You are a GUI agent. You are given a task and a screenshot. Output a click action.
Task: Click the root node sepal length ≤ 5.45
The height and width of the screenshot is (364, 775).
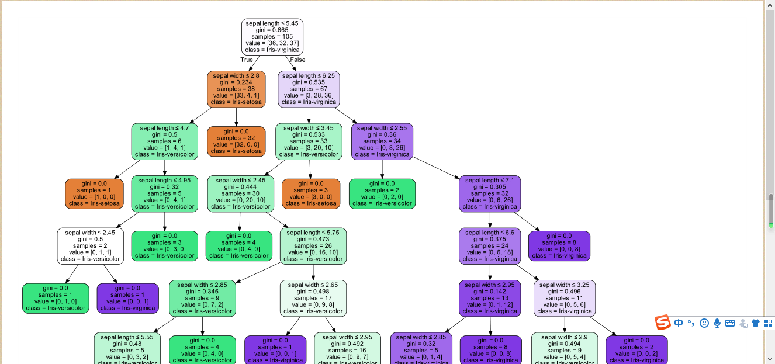(x=272, y=37)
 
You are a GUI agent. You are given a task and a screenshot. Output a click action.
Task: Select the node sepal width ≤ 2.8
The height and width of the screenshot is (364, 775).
(x=236, y=89)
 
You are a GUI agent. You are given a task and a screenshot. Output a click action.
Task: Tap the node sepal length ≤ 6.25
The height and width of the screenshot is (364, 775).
(x=309, y=89)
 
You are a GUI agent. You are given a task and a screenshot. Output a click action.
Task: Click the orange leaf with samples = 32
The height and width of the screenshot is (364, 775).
(x=236, y=141)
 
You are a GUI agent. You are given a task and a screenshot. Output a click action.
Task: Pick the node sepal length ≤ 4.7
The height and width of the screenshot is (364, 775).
(x=165, y=141)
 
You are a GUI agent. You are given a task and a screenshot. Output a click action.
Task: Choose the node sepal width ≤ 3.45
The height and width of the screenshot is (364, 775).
(x=309, y=141)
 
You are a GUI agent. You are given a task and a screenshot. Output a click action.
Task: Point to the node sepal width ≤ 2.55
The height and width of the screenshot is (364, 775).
(x=382, y=141)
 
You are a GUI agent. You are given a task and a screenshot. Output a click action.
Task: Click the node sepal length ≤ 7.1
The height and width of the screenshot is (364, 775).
(x=490, y=193)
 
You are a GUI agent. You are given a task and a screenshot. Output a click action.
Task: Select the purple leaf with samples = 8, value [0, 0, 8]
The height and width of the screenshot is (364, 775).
(x=559, y=246)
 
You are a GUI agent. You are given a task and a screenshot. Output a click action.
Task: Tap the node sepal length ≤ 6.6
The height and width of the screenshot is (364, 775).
(x=490, y=245)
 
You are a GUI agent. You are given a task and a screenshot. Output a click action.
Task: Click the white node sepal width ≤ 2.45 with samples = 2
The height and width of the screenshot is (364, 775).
(x=90, y=245)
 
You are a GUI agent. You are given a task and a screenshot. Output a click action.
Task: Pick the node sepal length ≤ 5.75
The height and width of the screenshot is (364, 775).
(x=313, y=245)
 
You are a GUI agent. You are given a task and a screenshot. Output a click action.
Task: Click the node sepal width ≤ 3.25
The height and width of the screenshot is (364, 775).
(x=565, y=298)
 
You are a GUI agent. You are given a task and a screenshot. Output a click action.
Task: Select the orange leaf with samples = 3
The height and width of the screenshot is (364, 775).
(x=311, y=193)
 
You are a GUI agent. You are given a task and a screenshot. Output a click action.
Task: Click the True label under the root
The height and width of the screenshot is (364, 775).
(x=247, y=60)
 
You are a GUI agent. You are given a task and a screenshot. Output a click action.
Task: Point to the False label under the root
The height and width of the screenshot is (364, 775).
(x=297, y=60)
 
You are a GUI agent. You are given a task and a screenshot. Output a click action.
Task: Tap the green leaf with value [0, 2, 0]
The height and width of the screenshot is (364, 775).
(x=382, y=193)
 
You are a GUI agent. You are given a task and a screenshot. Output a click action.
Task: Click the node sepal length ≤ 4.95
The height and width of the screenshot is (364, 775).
(x=165, y=193)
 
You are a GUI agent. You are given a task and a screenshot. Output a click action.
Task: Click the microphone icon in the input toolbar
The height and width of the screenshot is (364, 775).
(x=717, y=323)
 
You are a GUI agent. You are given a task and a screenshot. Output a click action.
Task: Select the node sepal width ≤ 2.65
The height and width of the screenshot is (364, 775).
(x=313, y=298)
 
